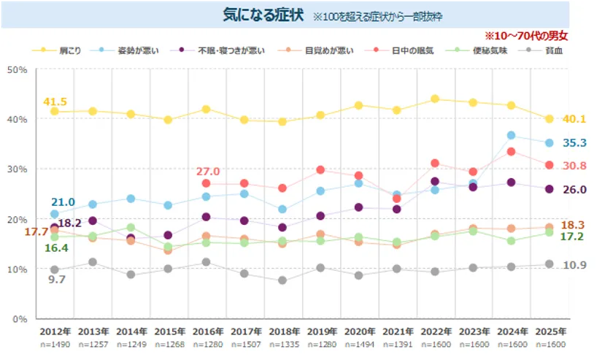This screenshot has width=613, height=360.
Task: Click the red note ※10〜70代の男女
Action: point(525,35)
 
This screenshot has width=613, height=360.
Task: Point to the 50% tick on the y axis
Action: point(17,69)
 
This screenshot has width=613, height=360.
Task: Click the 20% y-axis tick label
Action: point(17,219)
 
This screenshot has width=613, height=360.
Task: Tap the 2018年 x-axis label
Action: point(282,332)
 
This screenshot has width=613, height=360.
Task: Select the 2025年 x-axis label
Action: point(550,332)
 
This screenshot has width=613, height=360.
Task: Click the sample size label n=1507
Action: point(245,344)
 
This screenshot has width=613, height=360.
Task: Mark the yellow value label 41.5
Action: point(55,102)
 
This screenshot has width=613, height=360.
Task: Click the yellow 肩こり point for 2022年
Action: point(434,99)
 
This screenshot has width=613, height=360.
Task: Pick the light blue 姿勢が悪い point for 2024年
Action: point(512,136)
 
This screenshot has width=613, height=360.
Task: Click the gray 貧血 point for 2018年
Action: point(282,280)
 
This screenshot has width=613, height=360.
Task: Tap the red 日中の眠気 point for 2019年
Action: point(320,169)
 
